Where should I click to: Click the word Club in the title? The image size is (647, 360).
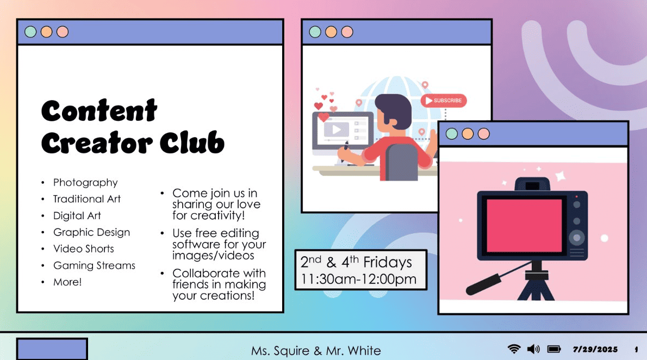click(192, 143)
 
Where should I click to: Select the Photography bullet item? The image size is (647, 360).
click(85, 183)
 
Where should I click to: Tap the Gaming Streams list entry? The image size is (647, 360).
click(94, 265)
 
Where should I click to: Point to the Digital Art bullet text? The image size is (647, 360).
click(77, 215)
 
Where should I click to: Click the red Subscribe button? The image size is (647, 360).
click(444, 100)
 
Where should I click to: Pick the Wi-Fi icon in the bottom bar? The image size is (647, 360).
click(514, 349)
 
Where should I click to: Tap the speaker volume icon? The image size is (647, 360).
click(533, 349)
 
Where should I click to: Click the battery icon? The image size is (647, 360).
click(553, 349)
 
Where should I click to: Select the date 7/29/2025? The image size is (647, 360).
click(595, 349)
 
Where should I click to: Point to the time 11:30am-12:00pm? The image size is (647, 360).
click(359, 279)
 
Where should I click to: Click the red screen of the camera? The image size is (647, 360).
click(524, 225)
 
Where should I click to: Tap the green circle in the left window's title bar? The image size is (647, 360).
click(30, 32)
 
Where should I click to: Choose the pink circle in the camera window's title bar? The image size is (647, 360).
click(483, 134)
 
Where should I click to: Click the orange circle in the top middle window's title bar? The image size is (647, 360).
click(331, 32)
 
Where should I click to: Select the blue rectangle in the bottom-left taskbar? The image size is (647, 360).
click(52, 349)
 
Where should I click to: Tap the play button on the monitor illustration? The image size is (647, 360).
click(337, 129)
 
